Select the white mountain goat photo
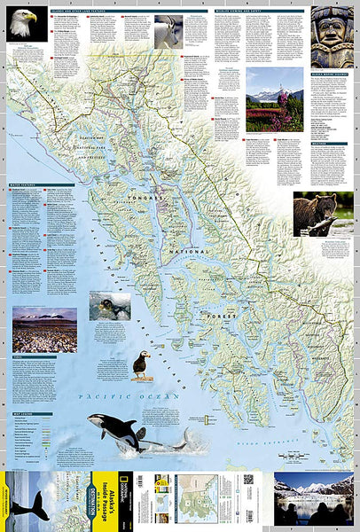pyautogui.click(x=168, y=30)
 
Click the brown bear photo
pyautogui.click(x=323, y=214)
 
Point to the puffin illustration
pyautogui.click(x=141, y=364)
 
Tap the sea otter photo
pyautogui.click(x=110, y=306)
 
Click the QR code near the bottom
pyautogui.click(x=248, y=479)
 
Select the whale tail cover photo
pyautogui.click(x=35, y=501)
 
